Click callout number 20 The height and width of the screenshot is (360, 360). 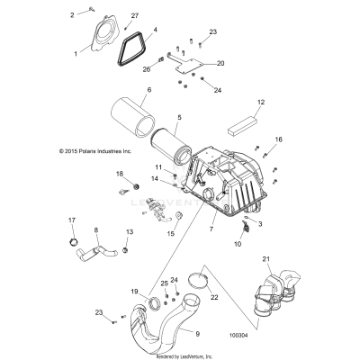coord(220,64)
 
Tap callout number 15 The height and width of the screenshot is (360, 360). coord(168,233)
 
